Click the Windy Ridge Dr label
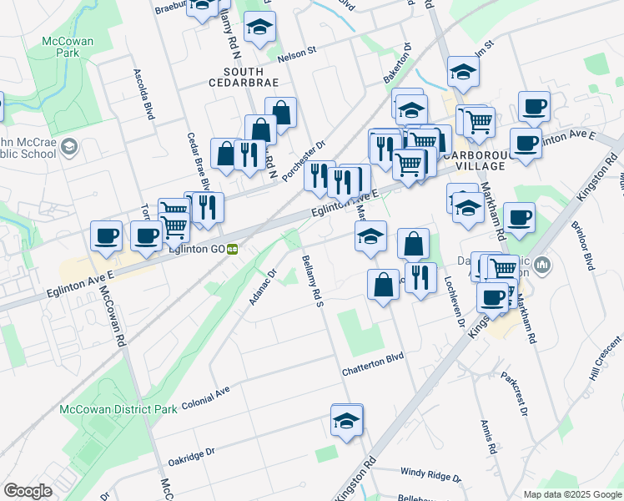[x=430, y=473]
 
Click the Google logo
[x=28, y=491]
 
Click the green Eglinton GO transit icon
[x=234, y=248]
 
